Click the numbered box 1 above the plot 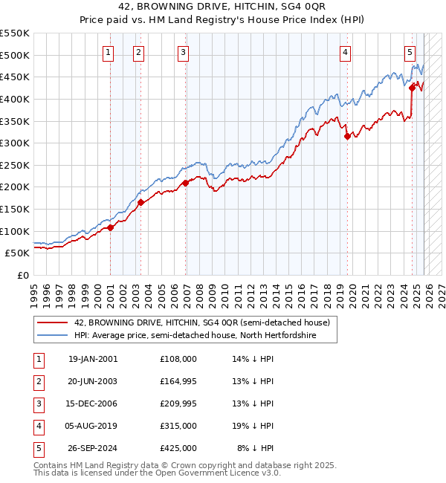click(109, 52)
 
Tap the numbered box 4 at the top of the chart click(346, 52)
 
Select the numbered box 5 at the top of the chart click(410, 52)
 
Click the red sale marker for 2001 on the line click(110, 227)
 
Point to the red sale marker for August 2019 click(347, 136)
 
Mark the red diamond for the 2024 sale click(412, 88)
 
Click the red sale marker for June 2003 click(140, 202)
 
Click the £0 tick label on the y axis click(22, 275)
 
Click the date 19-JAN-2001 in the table click(92, 359)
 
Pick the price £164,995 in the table click(178, 381)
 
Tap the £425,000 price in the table click(178, 448)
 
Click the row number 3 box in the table click(38, 403)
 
